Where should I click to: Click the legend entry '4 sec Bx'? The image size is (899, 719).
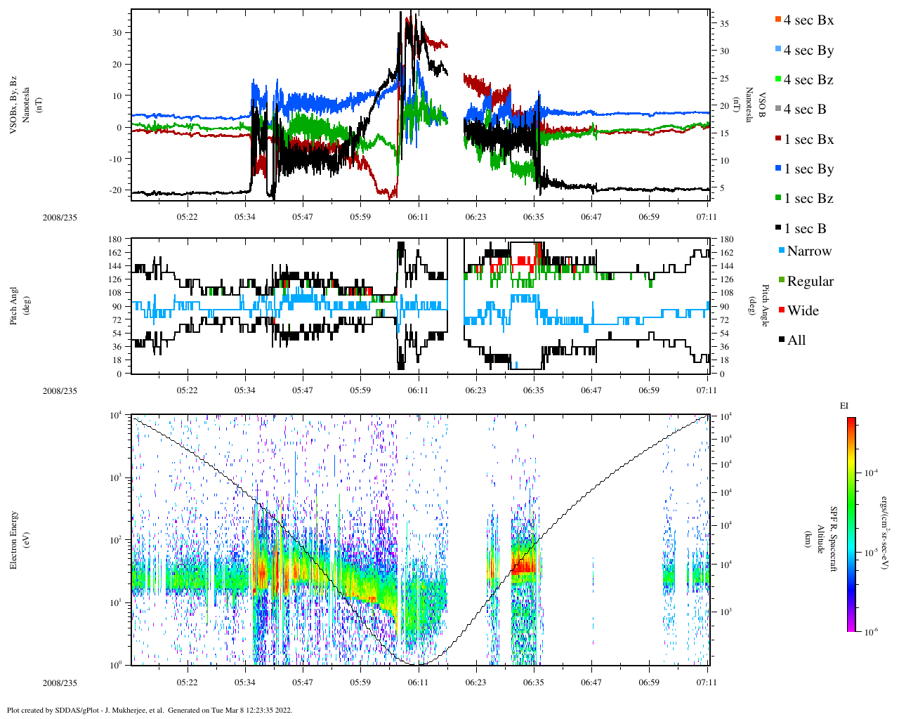click(808, 20)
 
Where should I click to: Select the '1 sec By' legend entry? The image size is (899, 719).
click(808, 169)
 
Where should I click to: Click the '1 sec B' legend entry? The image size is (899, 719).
click(805, 229)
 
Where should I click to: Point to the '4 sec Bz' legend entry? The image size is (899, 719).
click(808, 80)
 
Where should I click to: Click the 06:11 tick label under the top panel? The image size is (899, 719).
click(418, 217)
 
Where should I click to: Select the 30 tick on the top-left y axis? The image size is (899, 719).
click(117, 32)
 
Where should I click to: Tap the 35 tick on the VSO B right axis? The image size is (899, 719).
click(724, 24)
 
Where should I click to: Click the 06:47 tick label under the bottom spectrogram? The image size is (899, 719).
click(591, 682)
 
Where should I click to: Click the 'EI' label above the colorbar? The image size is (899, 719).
click(844, 406)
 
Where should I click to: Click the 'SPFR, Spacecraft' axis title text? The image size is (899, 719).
click(834, 539)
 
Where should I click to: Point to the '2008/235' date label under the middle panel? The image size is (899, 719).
click(60, 391)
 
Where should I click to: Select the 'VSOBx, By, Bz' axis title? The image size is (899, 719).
click(13, 105)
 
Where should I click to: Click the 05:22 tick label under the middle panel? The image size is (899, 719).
click(187, 390)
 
